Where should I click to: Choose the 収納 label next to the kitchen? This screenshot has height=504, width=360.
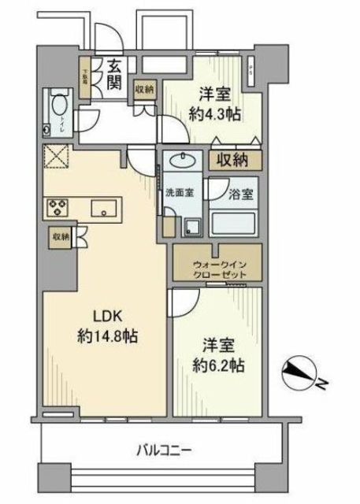pos(61,236)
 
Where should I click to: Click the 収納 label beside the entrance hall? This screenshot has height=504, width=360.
pos(143,90)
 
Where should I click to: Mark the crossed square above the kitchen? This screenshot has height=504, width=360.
pos(58,157)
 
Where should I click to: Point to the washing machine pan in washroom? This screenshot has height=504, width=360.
pos(191,226)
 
